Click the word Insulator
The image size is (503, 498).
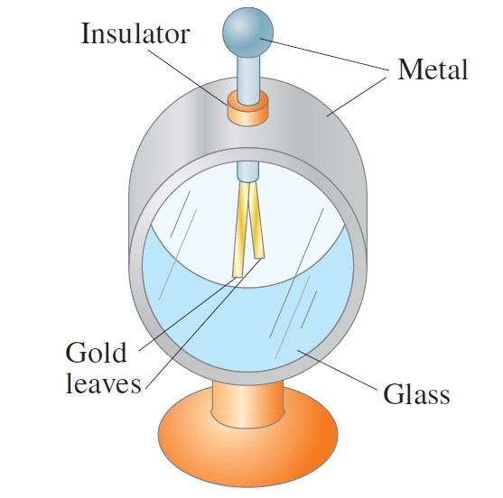click(135, 33)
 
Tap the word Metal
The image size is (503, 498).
click(433, 69)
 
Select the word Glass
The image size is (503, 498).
click(416, 394)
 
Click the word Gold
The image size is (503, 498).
click(96, 353)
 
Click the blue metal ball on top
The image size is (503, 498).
click(247, 32)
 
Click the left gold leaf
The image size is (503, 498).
click(240, 229)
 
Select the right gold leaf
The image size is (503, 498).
click(256, 221)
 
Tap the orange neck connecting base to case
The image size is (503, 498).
click(247, 404)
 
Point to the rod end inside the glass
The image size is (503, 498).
click(247, 171)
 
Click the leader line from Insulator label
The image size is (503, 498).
click(188, 77)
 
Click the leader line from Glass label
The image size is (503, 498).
click(337, 370)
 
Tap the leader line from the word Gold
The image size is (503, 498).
click(188, 314)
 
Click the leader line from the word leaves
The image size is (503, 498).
click(203, 324)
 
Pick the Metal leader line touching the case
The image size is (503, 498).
click(357, 97)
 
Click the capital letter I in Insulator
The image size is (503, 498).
click(85, 33)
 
